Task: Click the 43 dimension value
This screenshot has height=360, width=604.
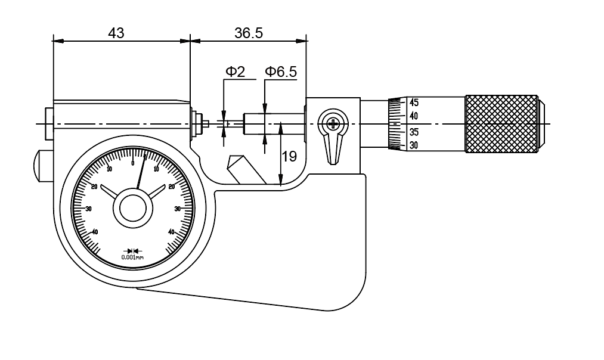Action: coord(116,33)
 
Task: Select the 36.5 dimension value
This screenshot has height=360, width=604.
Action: coord(249,33)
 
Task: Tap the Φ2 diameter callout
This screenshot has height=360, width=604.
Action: coord(235,72)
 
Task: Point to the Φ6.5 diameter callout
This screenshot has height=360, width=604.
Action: coord(280,72)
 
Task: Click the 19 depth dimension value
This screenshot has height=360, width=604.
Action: coord(289,157)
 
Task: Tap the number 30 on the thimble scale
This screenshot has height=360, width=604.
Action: coord(413,145)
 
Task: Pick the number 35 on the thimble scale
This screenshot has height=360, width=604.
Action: coord(413,131)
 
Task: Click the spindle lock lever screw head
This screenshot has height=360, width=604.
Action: coord(332,124)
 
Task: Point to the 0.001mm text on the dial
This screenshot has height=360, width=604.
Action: coord(132,257)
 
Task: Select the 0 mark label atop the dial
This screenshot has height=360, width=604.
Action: coord(133,163)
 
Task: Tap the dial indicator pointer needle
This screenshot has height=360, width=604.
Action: coord(141,173)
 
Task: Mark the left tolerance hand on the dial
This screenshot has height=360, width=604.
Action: coord(111,192)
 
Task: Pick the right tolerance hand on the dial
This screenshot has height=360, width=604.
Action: coord(155,192)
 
